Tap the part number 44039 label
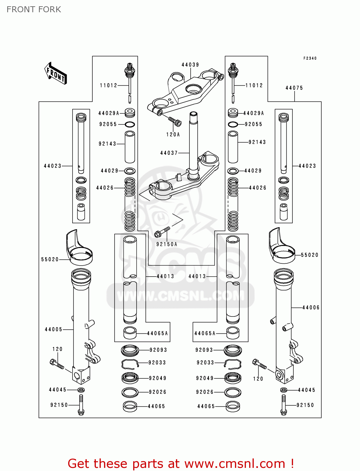(x=190, y=65)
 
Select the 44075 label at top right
(x=294, y=88)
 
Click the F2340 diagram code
(x=310, y=58)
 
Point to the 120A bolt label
(x=173, y=134)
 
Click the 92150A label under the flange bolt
(x=167, y=244)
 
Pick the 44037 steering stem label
(x=169, y=153)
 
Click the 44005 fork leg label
(x=53, y=329)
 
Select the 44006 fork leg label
(x=311, y=308)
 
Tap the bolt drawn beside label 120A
(x=175, y=121)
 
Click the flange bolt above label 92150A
(x=162, y=232)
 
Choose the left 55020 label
(x=50, y=259)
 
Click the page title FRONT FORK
(x=34, y=9)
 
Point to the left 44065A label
(x=157, y=333)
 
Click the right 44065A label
(x=205, y=333)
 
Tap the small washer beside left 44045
(x=81, y=390)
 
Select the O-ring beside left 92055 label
(x=130, y=124)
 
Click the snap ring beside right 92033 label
(x=233, y=363)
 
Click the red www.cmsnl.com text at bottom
(x=234, y=463)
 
